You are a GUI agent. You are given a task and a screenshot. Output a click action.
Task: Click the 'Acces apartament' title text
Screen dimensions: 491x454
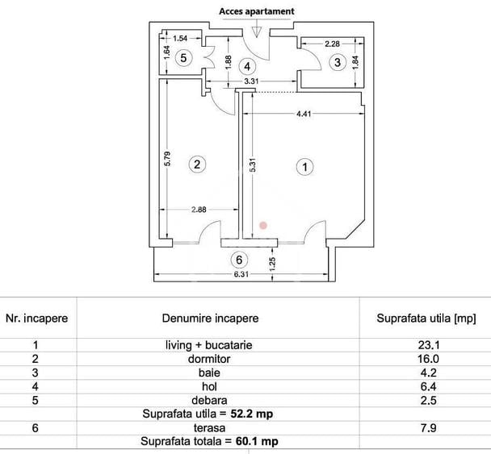tap(257, 11)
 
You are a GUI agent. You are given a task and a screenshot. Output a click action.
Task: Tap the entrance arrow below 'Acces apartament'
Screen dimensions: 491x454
tap(257, 29)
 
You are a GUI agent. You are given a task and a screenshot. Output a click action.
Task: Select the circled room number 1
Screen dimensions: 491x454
tap(304, 167)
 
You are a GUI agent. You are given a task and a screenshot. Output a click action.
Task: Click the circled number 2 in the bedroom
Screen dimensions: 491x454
tap(197, 165)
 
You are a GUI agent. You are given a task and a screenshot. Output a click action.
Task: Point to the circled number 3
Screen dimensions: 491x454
tap(338, 62)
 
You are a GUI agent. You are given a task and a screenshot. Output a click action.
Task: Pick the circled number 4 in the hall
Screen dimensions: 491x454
tap(247, 66)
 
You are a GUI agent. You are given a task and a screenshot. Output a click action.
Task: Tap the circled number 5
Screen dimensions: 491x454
tap(183, 57)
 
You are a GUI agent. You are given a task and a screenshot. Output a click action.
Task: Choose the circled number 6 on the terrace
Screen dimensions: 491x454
tap(239, 260)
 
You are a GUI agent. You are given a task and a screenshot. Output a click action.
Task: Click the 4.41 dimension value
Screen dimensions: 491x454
tap(304, 114)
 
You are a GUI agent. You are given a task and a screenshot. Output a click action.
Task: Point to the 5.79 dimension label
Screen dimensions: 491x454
tap(167, 159)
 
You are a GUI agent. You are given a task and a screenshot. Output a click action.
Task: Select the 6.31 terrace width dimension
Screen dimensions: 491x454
tap(241, 274)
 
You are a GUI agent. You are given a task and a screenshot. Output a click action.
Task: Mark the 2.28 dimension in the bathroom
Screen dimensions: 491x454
tap(332, 44)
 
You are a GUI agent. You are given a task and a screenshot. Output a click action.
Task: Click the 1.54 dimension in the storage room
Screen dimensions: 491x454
tap(180, 39)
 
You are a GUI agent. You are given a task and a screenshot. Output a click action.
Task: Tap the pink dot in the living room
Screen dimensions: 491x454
tap(263, 225)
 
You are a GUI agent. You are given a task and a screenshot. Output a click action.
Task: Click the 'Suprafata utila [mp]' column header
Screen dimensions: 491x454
tap(426, 319)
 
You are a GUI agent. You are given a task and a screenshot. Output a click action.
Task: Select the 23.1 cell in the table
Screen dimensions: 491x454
tap(429, 345)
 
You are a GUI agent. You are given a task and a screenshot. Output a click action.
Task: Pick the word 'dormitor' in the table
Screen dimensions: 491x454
tap(209, 359)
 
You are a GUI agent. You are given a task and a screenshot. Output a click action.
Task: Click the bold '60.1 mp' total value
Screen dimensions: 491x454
tap(257, 441)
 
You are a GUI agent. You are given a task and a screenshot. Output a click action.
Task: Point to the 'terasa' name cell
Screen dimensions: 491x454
tap(209, 427)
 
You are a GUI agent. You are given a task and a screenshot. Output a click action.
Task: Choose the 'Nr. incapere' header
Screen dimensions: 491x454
tap(36, 319)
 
